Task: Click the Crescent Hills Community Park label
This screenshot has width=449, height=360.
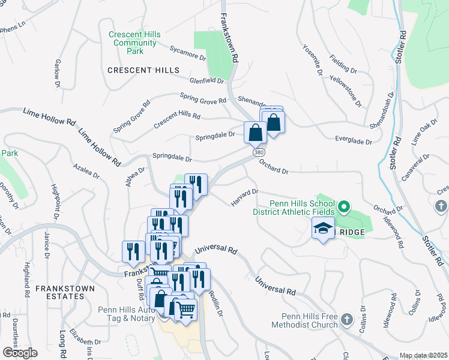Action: (134, 43)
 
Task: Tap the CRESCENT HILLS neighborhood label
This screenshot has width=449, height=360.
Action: (143, 70)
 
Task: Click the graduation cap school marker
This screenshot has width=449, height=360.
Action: (323, 229)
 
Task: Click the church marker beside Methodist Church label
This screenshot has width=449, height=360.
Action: (346, 320)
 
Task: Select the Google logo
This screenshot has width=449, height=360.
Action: (20, 353)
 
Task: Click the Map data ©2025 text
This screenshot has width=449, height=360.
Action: (423, 355)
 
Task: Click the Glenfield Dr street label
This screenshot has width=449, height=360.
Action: (206, 80)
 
